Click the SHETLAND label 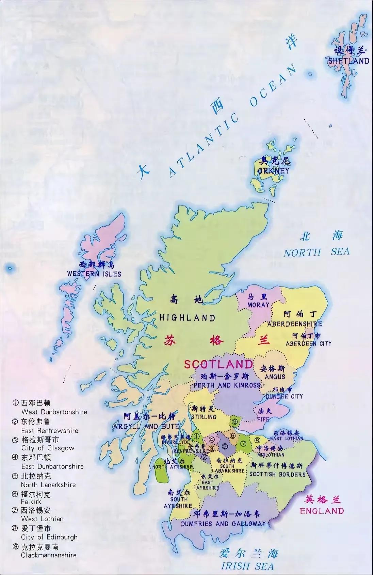tap(348, 61)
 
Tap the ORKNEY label tap(273, 170)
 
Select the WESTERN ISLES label tap(94, 274)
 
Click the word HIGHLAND tap(188, 318)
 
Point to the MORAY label tap(258, 305)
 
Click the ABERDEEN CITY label tap(308, 343)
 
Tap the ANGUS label tap(275, 377)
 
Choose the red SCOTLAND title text tap(218, 364)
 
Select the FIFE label tap(263, 420)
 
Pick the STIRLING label tap(204, 417)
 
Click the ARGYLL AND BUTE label tap(146, 426)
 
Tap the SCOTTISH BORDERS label tap(277, 474)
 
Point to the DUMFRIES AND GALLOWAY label tap(223, 524)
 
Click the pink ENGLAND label tap(322, 511)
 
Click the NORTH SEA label tap(317, 252)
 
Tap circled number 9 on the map tap(235, 422)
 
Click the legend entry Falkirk tap(31, 502)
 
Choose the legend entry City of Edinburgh tap(49, 537)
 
